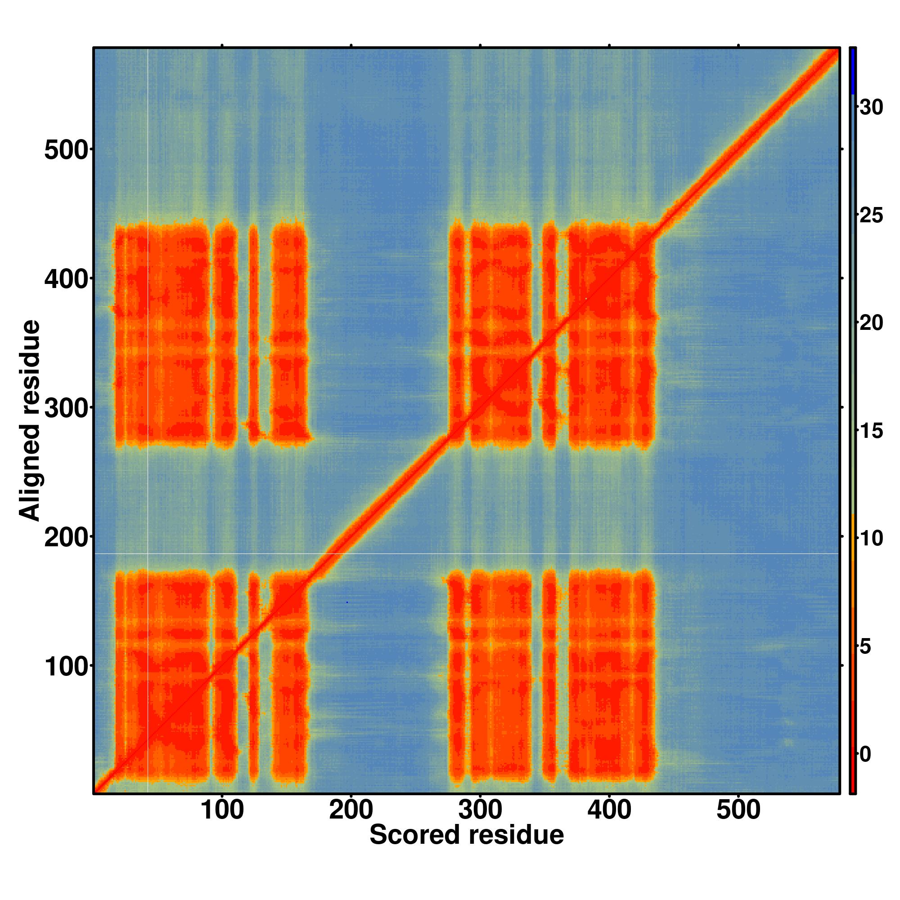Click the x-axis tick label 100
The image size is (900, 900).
pyautogui.click(x=222, y=811)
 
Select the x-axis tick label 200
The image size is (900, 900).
pyautogui.click(x=351, y=811)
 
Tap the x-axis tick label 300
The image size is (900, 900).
pyautogui.click(x=480, y=811)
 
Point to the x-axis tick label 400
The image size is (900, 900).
pyautogui.click(x=609, y=811)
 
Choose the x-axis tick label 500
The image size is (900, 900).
pyautogui.click(x=738, y=811)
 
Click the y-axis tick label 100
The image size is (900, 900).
pyautogui.click(x=66, y=667)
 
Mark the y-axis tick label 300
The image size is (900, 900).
pyautogui.click(x=66, y=409)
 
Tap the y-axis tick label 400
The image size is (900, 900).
pyautogui.click(x=66, y=280)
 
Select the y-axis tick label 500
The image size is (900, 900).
pyautogui.click(x=66, y=151)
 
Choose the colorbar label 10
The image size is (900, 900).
pyautogui.click(x=871, y=539)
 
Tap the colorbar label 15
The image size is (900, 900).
pyautogui.click(x=871, y=431)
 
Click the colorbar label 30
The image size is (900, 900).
pyautogui.click(x=871, y=108)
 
